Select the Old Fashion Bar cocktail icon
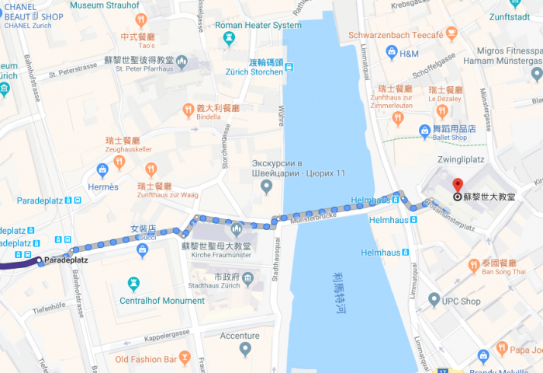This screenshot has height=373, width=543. pos(185,357)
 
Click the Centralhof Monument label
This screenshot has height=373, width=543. pos(162,301)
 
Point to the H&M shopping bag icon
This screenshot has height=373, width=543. pos(392,52)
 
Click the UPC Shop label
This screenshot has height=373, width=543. pos(461,301)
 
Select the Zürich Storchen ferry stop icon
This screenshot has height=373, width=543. pos(289,68)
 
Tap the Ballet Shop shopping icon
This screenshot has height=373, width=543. pos(424,131)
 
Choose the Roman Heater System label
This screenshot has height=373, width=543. pos(258,25)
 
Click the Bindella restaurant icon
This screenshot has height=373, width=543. pos(188,110)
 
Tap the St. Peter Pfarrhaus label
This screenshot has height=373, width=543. pos(144,68)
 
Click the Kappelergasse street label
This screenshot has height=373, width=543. pos(161,336)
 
